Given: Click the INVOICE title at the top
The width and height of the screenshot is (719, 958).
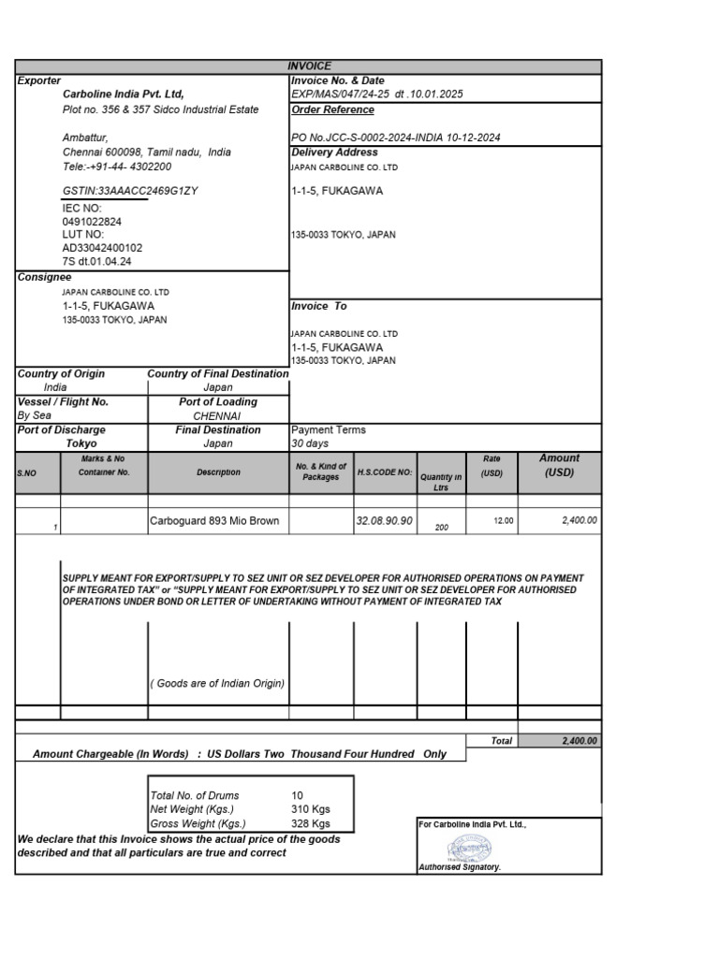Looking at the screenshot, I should [x=308, y=66].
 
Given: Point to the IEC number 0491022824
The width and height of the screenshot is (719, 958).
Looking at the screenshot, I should [x=91, y=222].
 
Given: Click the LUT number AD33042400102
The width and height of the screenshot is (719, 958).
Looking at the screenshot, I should [x=102, y=248].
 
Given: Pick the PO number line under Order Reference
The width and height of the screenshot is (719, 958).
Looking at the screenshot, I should [x=396, y=138].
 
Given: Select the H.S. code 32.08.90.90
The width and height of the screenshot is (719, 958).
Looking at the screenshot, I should [x=384, y=520].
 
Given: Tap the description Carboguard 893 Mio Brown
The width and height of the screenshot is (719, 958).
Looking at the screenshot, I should [x=214, y=520].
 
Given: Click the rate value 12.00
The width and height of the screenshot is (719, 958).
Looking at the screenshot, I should [x=503, y=520].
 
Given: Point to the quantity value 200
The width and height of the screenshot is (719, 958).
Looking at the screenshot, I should [x=442, y=528].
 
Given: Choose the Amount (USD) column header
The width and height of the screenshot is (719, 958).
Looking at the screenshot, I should [x=559, y=465].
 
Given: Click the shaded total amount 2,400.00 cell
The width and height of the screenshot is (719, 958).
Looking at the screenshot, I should [x=559, y=740].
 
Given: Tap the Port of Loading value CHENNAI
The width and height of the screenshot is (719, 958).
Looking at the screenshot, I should [x=217, y=415].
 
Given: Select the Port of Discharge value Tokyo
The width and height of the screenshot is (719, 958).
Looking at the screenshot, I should [x=81, y=443].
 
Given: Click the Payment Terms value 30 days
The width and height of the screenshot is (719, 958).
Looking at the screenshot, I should [x=311, y=443].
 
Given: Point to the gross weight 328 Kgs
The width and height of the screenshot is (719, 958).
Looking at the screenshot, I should [x=311, y=823].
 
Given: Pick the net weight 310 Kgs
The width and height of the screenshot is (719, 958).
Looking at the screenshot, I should [x=311, y=809].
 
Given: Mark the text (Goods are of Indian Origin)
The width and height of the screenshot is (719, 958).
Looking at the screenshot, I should [x=218, y=683].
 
